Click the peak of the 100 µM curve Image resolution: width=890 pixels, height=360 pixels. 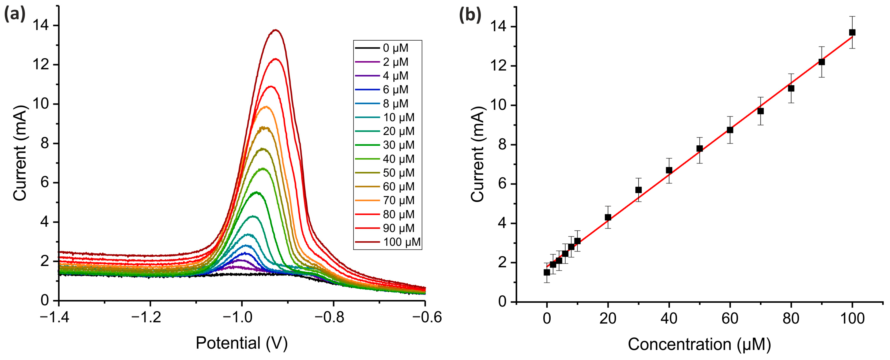[275, 30]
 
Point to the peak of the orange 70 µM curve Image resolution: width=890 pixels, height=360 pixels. [266, 107]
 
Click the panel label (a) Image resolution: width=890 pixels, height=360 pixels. [15, 15]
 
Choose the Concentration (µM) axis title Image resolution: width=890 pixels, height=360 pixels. [699, 345]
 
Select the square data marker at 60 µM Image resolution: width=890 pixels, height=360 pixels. [730, 130]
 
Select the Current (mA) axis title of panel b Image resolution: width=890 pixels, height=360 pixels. [478, 154]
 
